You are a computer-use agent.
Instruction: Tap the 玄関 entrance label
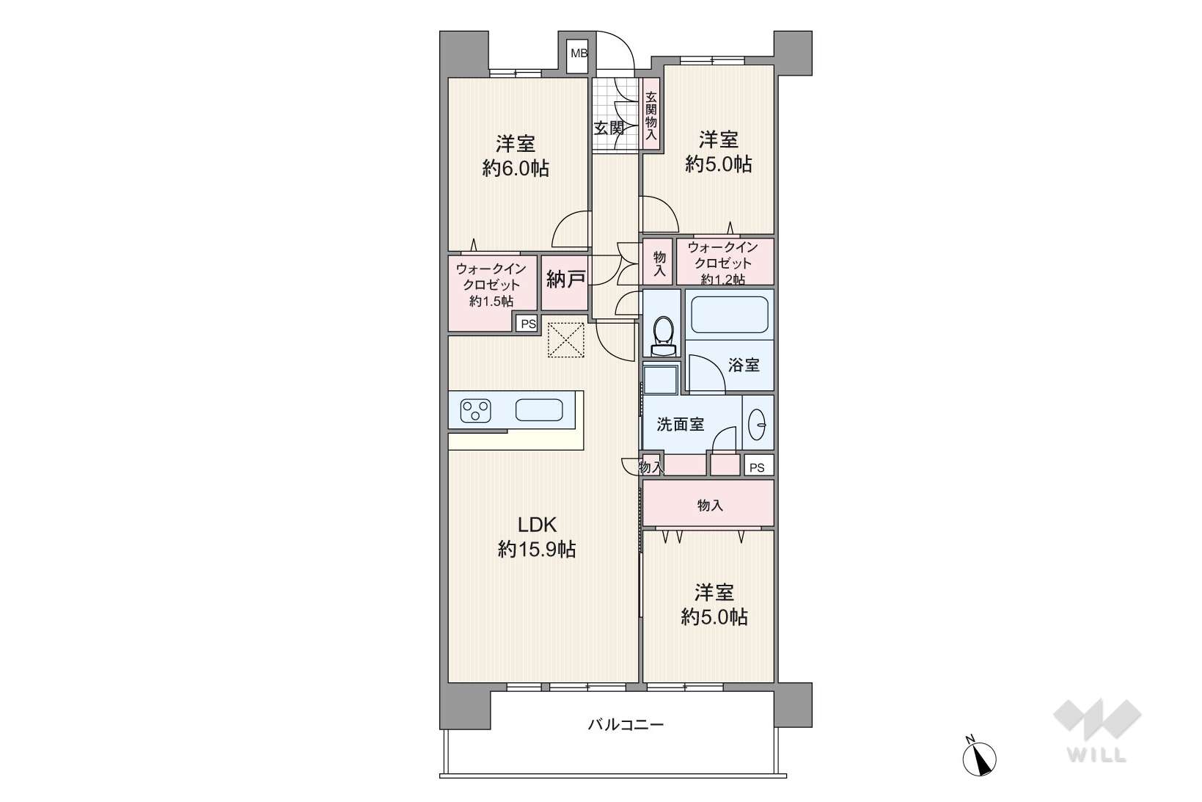pyautogui.click(x=609, y=128)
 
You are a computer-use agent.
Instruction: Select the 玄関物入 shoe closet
pyautogui.click(x=651, y=115)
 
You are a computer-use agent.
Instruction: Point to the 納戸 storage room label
pyautogui.click(x=565, y=279)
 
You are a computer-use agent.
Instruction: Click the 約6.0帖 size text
pyautogui.click(x=515, y=169)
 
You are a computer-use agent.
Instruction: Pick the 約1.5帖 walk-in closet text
pyautogui.click(x=491, y=302)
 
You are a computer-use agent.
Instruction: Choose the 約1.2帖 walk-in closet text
pyautogui.click(x=722, y=280)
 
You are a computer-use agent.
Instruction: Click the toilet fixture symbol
pyautogui.click(x=664, y=336)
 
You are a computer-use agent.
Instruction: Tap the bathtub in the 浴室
pyautogui.click(x=730, y=315)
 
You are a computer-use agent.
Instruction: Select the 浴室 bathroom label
pyautogui.click(x=744, y=365)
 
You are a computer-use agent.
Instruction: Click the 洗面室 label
pyautogui.click(x=681, y=425)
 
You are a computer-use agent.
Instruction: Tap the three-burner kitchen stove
pyautogui.click(x=475, y=411)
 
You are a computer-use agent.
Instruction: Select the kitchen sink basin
pyautogui.click(x=539, y=410)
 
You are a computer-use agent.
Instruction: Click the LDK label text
pyautogui.click(x=537, y=525)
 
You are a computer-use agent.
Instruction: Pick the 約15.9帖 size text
pyautogui.click(x=537, y=549)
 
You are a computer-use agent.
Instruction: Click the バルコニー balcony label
pyautogui.click(x=626, y=725)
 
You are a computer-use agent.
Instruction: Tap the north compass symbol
pyautogui.click(x=979, y=757)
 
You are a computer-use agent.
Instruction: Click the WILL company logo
pyautogui.click(x=1097, y=731)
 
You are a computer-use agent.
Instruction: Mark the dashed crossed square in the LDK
pyautogui.click(x=565, y=340)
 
